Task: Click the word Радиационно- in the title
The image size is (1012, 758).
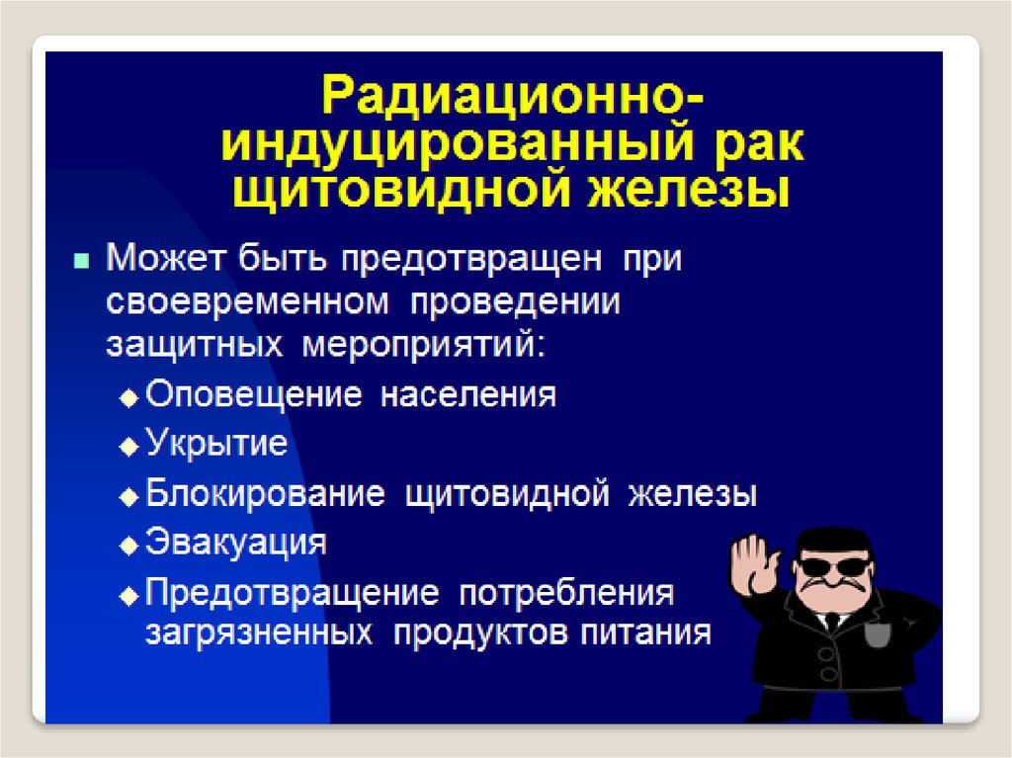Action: tap(513, 96)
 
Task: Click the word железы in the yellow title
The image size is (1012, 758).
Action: tap(688, 190)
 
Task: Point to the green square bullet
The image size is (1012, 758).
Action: tap(81, 261)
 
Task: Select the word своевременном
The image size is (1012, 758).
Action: tap(247, 302)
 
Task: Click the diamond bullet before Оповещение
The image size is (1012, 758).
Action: tap(129, 398)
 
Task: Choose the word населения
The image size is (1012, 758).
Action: tap(467, 395)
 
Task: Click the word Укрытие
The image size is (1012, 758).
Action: tap(216, 444)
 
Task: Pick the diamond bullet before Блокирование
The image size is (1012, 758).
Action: tap(129, 496)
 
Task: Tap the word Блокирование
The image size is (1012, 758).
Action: tap(265, 494)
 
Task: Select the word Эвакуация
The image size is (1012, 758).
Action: tap(235, 543)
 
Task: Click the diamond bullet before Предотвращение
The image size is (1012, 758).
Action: tap(129, 596)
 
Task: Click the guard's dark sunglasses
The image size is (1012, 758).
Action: tap(833, 567)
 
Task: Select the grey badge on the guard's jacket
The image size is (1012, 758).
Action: tap(878, 633)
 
